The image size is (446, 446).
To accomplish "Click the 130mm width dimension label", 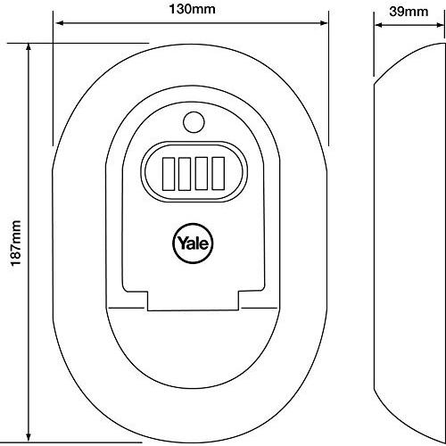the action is tap(192, 9).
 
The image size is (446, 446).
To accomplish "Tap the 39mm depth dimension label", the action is tap(409, 12).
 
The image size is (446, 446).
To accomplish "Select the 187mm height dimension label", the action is tap(16, 244).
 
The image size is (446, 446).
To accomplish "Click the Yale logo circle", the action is tap(193, 244).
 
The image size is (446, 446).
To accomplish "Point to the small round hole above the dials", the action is tap(194, 122).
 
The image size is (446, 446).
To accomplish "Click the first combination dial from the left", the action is tap(169, 174).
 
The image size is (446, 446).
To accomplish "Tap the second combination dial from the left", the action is tap(185, 174).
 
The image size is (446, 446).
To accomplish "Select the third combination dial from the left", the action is tap(202, 174).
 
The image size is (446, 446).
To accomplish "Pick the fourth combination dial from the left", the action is tap(218, 174).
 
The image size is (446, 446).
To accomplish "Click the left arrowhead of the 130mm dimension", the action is tap(60, 23).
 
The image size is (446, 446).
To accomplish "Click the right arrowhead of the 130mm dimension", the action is tap(323, 23).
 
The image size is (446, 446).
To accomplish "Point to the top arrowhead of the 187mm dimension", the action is tap(29, 47).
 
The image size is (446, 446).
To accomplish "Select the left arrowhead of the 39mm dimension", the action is tap(378, 25).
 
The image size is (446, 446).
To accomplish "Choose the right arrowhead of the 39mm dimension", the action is tap(441, 25).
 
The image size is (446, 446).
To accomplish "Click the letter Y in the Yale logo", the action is tap(183, 243).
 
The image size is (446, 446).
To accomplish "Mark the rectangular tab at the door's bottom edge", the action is tap(193, 301).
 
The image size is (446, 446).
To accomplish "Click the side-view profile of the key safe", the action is tap(409, 244).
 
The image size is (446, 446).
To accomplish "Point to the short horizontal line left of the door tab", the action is tap(127, 308).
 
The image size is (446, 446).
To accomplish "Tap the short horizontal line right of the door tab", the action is tap(260, 308).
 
